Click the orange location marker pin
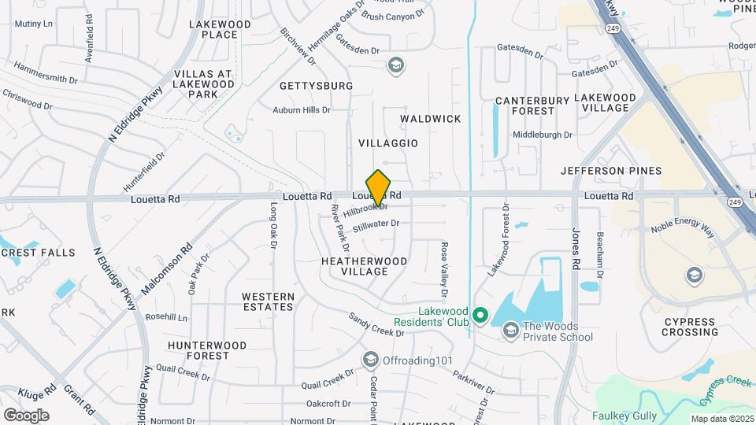click(x=379, y=188)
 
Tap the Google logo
click(x=26, y=416)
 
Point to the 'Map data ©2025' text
click(x=722, y=419)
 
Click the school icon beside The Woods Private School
click(x=510, y=329)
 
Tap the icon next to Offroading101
click(x=370, y=360)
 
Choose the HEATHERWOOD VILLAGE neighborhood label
click(x=365, y=266)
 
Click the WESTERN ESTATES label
click(x=268, y=302)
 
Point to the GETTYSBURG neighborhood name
click(x=316, y=85)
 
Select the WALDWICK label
click(x=430, y=119)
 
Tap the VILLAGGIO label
click(x=388, y=143)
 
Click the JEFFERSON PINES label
click(x=611, y=171)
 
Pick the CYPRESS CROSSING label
click(x=690, y=327)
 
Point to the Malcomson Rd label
click(x=166, y=270)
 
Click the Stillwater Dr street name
click(x=376, y=226)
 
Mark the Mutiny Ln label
click(x=33, y=24)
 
